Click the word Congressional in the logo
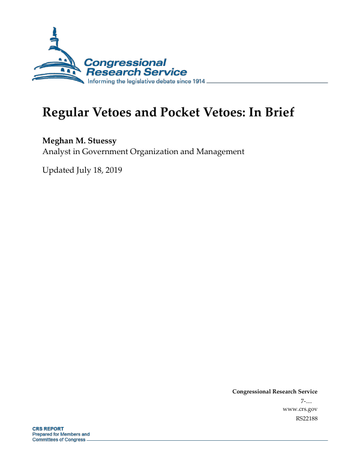point(125,62)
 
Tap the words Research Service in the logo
point(136,72)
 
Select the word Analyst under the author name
point(57,152)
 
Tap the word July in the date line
point(85,170)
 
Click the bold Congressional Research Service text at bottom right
point(274,392)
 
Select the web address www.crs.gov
point(299,409)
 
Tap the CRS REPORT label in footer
point(48,429)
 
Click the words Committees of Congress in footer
point(59,440)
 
